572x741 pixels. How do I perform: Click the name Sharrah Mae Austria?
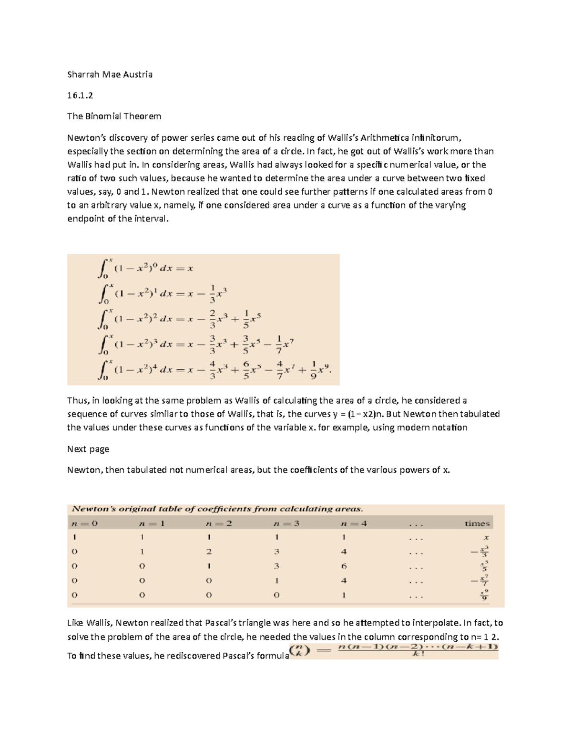tap(110, 74)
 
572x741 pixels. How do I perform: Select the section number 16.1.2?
tap(80, 95)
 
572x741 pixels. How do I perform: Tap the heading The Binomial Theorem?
tap(114, 116)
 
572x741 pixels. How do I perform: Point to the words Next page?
tap(88, 449)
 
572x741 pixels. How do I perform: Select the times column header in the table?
tap(477, 523)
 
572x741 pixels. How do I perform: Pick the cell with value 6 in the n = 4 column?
tap(344, 566)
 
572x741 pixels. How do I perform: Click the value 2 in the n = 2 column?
tap(209, 552)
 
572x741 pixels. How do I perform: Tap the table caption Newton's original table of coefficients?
tap(217, 509)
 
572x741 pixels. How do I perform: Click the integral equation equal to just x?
tap(145, 268)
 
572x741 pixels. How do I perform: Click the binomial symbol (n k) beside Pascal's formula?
tap(300, 651)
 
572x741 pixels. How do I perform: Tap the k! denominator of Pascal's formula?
tap(418, 655)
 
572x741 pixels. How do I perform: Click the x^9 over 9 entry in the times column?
tap(484, 595)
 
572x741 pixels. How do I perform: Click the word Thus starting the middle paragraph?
tap(77, 401)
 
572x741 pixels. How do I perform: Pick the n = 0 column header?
tap(84, 523)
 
